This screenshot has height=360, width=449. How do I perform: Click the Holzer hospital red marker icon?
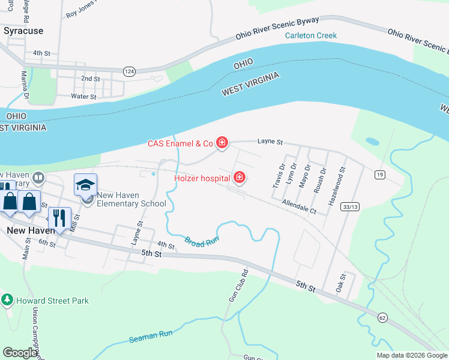[x=240, y=177]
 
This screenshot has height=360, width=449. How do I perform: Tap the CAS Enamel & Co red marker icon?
[x=222, y=142]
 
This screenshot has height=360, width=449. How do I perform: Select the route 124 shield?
[x=129, y=71]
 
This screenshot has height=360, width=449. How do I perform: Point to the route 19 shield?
[x=379, y=175]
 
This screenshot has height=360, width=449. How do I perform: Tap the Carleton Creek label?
[x=310, y=35]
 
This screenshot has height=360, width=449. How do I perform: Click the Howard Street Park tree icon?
[x=7, y=299]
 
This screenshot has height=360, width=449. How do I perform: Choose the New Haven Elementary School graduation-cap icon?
[x=86, y=184]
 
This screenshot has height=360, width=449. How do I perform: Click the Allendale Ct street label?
[x=299, y=208]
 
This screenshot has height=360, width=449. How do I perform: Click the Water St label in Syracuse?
[x=83, y=96]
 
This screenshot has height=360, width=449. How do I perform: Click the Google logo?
[x=20, y=353]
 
